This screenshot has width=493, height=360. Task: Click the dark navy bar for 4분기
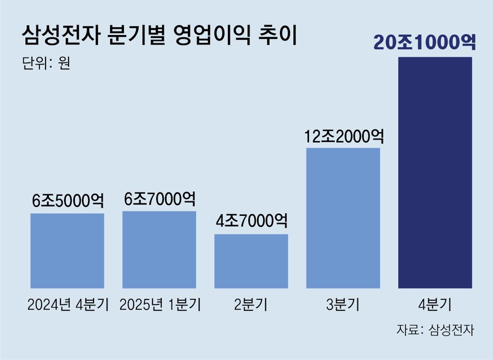[x=435, y=173]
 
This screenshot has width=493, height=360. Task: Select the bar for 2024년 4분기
[x=67, y=251]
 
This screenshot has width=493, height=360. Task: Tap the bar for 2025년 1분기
[x=159, y=250]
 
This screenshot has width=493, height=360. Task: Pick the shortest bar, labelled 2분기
[x=251, y=261]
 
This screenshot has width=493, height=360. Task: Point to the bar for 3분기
[x=343, y=217]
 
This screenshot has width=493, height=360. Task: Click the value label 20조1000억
[x=424, y=42]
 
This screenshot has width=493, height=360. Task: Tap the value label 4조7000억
[x=251, y=220]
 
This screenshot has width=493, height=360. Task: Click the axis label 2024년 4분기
[x=68, y=305]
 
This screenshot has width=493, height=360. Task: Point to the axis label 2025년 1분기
[x=160, y=305]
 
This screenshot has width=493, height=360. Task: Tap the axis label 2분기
[x=251, y=305]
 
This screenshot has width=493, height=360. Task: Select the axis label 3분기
[x=343, y=305]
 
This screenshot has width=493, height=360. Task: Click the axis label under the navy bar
[x=435, y=305]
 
